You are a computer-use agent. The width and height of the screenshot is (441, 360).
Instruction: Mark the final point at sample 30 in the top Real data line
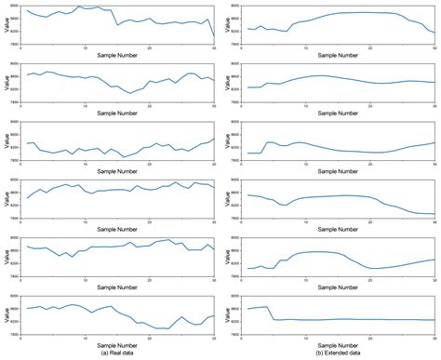(x=214, y=36)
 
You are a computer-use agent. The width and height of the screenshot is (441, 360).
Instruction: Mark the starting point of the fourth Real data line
(x=27, y=197)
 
